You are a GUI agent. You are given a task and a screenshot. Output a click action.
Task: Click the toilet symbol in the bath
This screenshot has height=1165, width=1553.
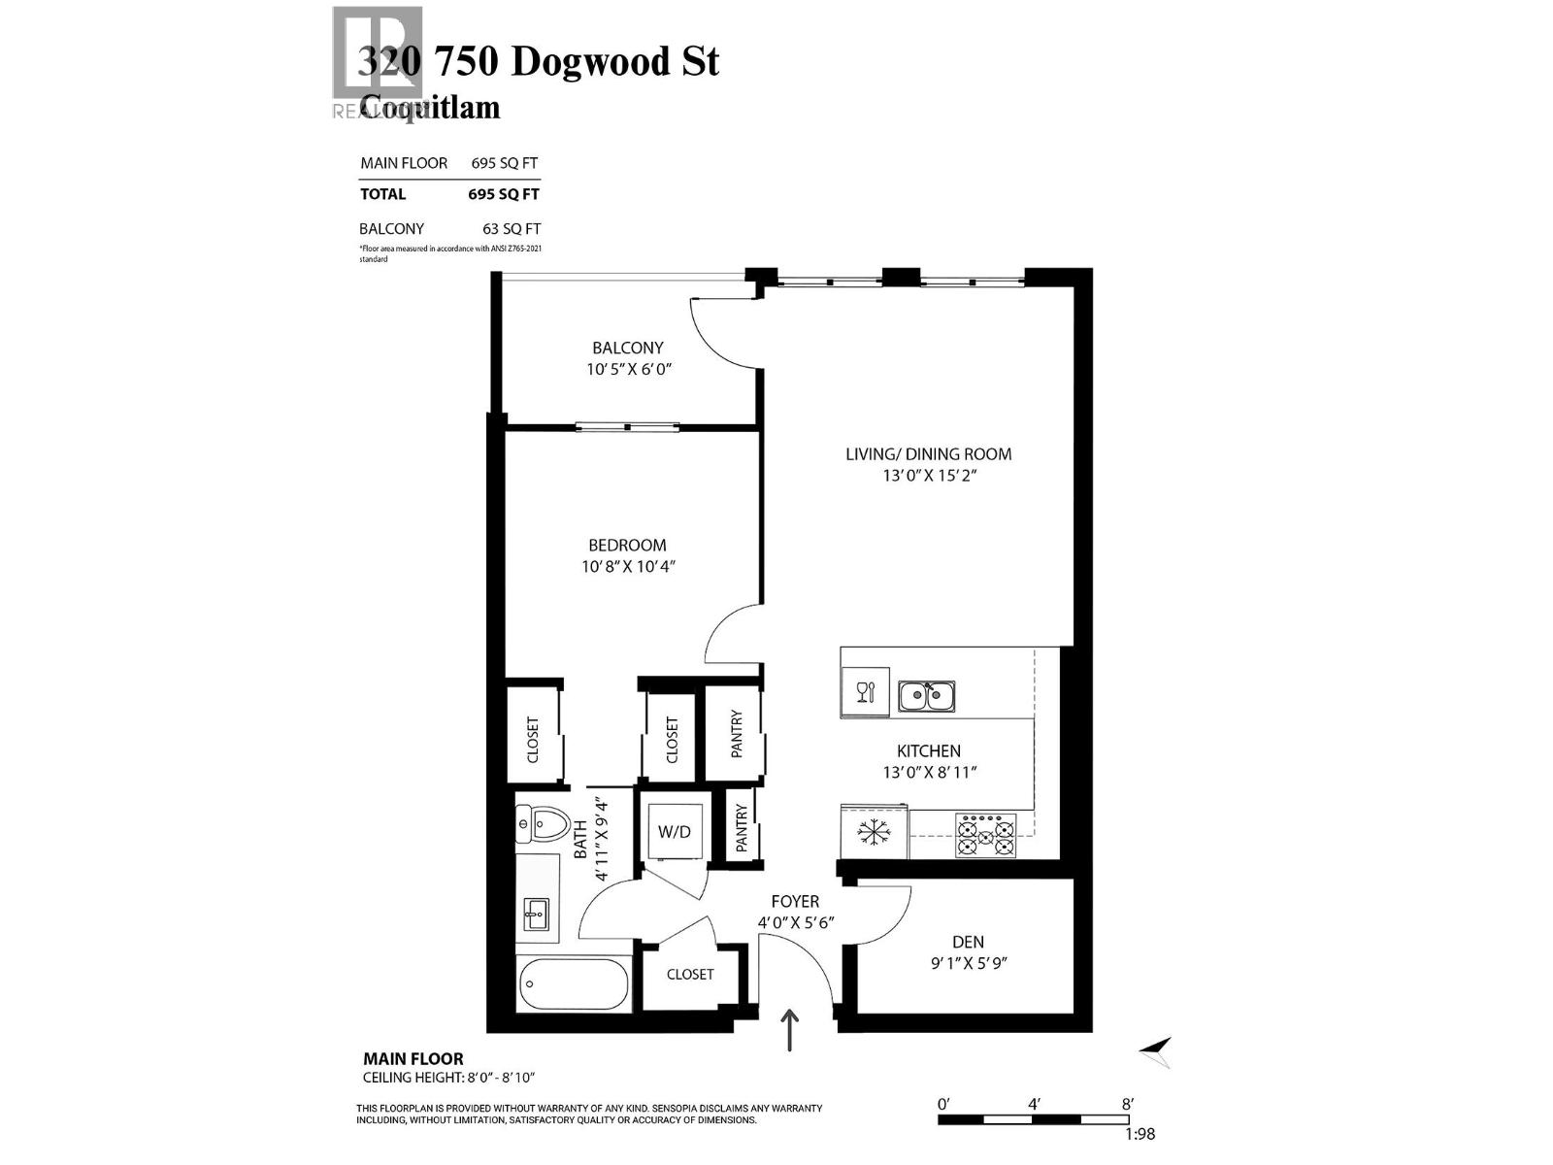point(544,826)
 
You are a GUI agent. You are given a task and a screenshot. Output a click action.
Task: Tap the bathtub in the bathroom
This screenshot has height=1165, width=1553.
point(574,985)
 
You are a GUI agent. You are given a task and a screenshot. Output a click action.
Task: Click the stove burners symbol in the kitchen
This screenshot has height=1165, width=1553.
point(985,835)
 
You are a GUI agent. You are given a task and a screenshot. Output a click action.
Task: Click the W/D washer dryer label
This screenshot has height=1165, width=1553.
point(674,832)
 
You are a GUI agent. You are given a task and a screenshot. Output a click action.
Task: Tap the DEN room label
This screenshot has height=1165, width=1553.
point(967,942)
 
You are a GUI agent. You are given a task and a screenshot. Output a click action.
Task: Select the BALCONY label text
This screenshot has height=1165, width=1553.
point(628,348)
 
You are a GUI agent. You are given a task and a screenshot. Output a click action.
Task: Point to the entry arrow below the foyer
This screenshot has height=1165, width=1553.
point(791,1030)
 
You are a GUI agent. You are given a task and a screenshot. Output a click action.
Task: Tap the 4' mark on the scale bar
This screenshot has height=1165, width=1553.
point(1035,1104)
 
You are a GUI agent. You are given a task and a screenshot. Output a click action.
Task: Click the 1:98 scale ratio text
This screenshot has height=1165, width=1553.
point(1140,1134)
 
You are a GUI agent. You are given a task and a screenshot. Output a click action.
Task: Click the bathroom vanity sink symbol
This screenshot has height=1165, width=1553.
point(536,914)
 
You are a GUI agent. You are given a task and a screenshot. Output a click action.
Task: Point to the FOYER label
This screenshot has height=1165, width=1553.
point(795,902)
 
